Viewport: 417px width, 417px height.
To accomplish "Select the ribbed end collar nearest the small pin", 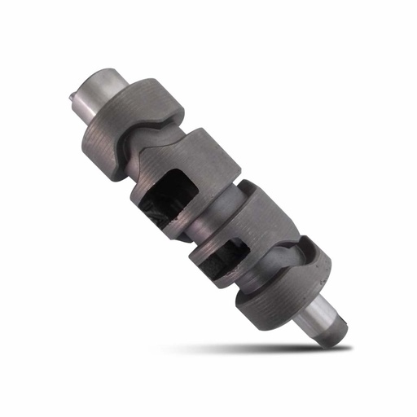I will click(x=130, y=122).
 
